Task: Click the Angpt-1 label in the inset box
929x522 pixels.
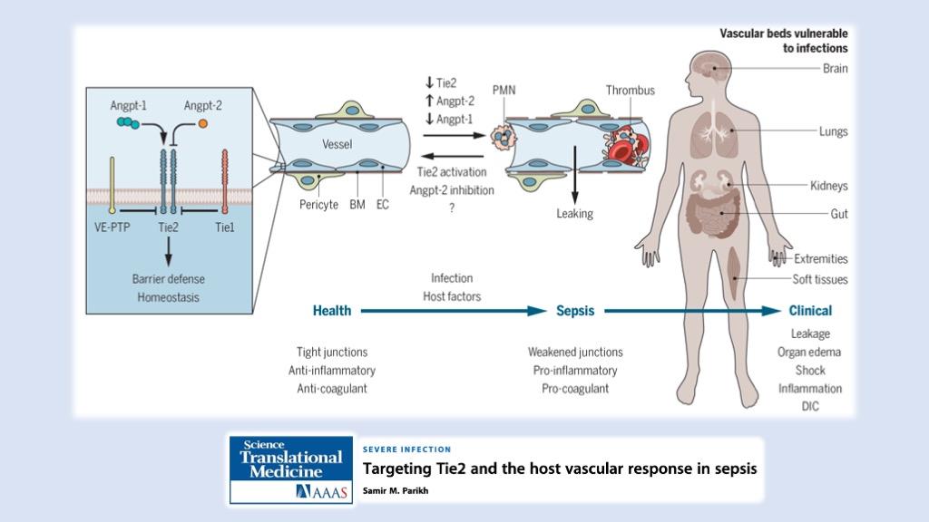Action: [128, 105]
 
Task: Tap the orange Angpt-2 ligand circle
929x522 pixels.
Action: [203, 121]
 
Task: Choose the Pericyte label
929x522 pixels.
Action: [318, 205]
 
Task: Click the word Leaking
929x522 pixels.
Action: [574, 214]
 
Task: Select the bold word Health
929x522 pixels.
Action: [332, 310]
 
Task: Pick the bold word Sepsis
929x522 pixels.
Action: [575, 310]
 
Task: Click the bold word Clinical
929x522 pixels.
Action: [810, 310]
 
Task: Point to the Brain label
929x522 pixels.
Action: [835, 69]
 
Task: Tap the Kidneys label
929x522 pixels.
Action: [829, 186]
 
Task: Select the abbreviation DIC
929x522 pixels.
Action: [810, 406]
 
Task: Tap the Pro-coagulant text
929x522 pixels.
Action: [575, 388]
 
